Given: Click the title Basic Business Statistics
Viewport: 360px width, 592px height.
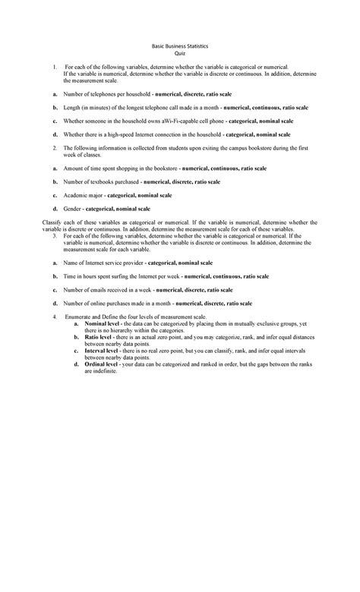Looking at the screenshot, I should (179, 47).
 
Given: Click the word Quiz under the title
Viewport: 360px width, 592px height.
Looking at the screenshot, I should (179, 55).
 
